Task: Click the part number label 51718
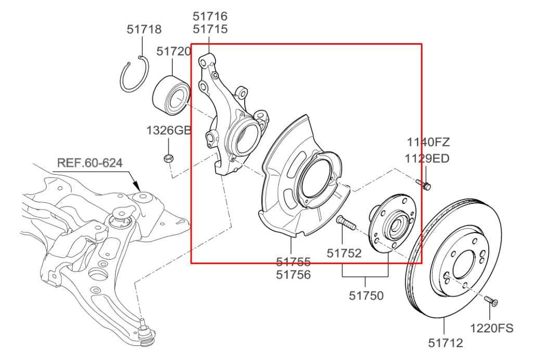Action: pyautogui.click(x=144, y=30)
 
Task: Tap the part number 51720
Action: pyautogui.click(x=173, y=52)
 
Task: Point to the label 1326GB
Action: pyautogui.click(x=168, y=130)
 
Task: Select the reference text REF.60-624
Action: pyautogui.click(x=90, y=163)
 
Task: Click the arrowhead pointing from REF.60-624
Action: pyautogui.click(x=137, y=185)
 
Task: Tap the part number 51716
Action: pyautogui.click(x=210, y=17)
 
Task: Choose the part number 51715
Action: pyautogui.click(x=210, y=29)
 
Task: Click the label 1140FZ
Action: pyautogui.click(x=428, y=142)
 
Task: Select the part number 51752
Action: pyautogui.click(x=344, y=253)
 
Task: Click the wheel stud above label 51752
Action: pyautogui.click(x=346, y=223)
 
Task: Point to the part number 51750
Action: pyautogui.click(x=366, y=296)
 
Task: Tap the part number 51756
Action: pyautogui.click(x=293, y=275)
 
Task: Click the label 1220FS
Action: pyautogui.click(x=491, y=328)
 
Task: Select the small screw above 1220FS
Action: pyautogui.click(x=491, y=301)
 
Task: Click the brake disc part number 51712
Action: pyautogui.click(x=446, y=343)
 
